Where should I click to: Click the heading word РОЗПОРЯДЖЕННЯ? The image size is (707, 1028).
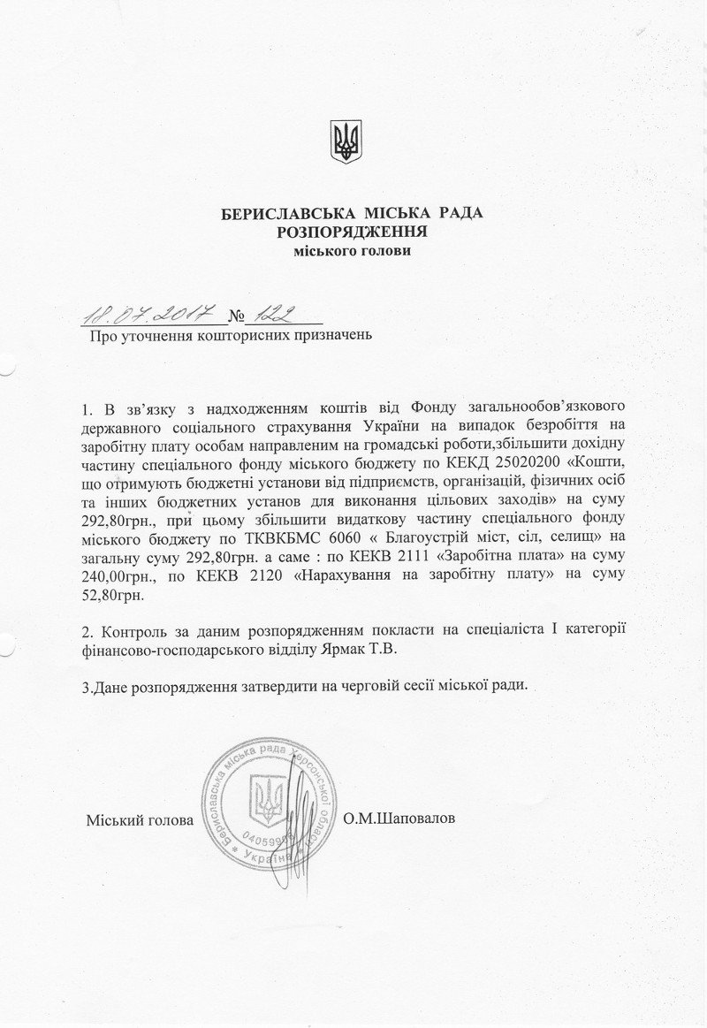tap(353, 232)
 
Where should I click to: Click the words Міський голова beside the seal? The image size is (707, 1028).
tap(140, 820)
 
